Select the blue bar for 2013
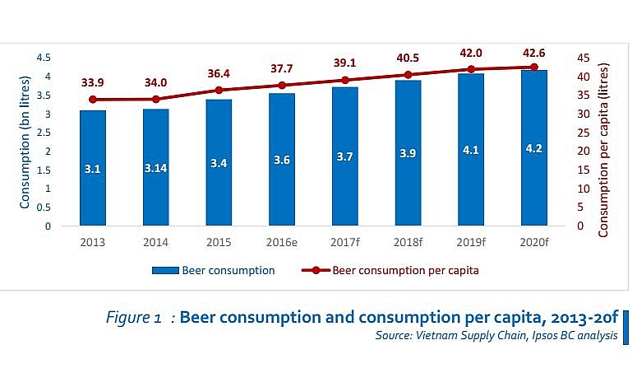point(93,168)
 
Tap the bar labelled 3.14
point(156,168)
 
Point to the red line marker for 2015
point(219,90)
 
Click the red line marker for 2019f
point(471,69)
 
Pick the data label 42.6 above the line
point(534,53)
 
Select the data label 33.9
point(93,83)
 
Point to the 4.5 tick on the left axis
point(43,58)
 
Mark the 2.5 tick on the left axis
point(43,133)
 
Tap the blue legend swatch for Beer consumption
point(164,270)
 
